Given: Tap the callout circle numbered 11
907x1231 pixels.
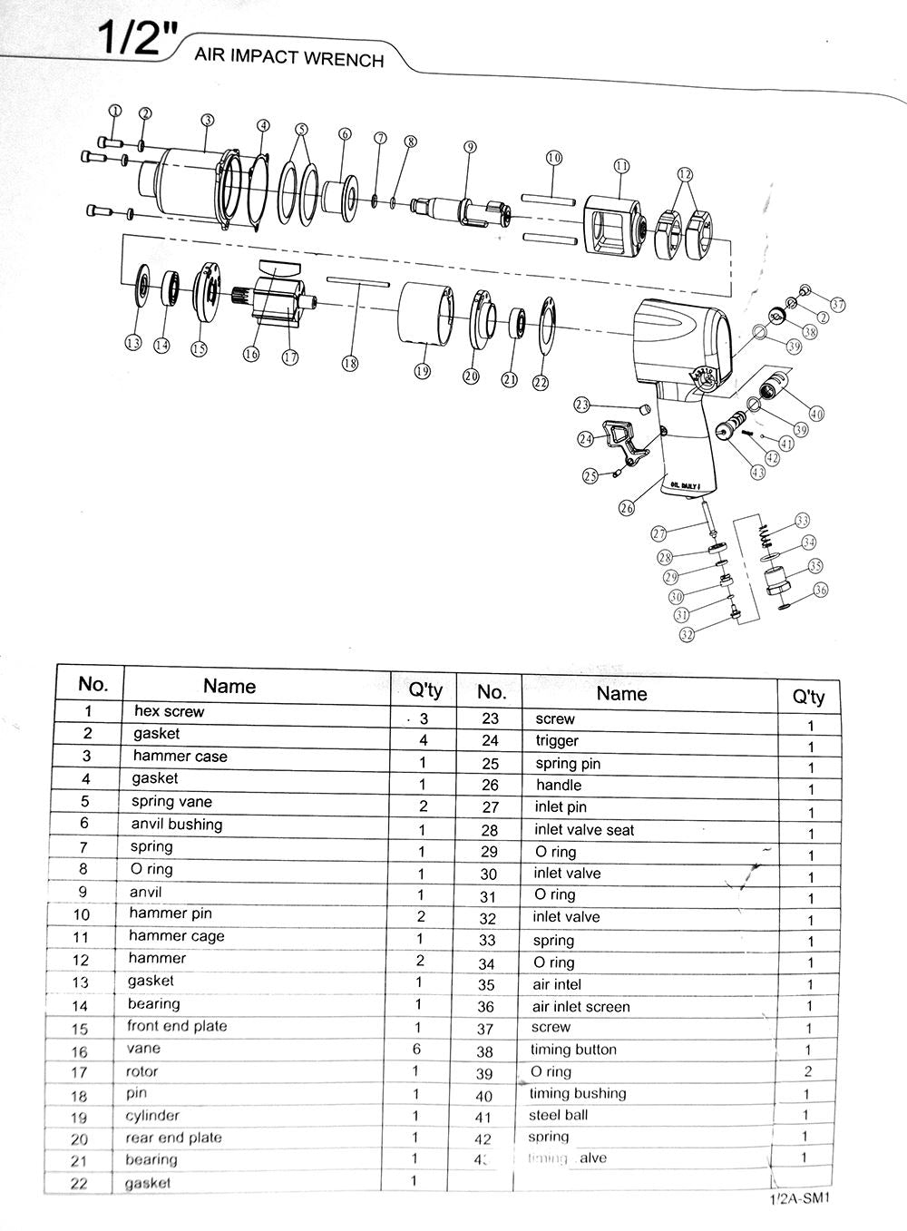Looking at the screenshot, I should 620,166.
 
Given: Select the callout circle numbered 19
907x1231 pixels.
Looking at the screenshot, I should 421,371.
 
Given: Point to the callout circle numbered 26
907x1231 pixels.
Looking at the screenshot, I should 627,508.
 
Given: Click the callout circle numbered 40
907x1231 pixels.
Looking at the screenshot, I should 816,414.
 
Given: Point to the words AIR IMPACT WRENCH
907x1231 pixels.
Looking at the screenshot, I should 289,58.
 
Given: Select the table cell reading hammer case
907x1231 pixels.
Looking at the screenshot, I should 180,757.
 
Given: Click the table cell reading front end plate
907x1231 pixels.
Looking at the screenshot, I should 177,1026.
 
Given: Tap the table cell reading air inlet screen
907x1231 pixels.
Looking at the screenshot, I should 580,1007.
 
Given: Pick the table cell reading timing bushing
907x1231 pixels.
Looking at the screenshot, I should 578,1093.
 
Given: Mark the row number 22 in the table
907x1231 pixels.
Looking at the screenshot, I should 80,1183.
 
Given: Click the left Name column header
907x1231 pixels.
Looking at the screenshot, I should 229,687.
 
